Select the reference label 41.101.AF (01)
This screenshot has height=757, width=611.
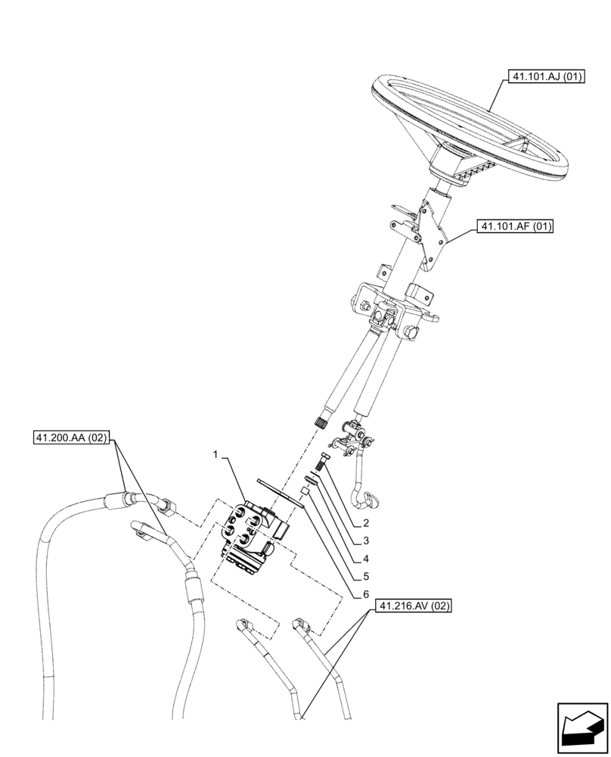[514, 226]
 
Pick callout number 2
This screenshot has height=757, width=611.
[365, 523]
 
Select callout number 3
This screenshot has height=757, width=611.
[365, 540]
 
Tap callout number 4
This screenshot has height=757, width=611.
[365, 559]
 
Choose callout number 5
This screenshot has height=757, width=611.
[365, 578]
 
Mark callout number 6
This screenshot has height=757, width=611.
[365, 596]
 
